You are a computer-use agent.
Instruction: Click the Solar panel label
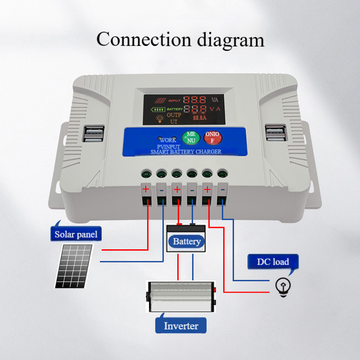(x=76, y=234)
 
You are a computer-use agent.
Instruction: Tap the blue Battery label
(x=187, y=242)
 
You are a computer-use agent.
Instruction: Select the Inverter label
(x=181, y=326)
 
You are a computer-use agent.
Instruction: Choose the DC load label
(x=273, y=261)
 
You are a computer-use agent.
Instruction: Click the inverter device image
(x=181, y=297)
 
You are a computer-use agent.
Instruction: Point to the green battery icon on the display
(x=158, y=109)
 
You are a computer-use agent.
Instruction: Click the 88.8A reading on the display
(x=199, y=118)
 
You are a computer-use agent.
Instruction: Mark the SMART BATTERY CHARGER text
(x=185, y=152)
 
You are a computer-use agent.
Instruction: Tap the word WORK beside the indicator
(x=168, y=140)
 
